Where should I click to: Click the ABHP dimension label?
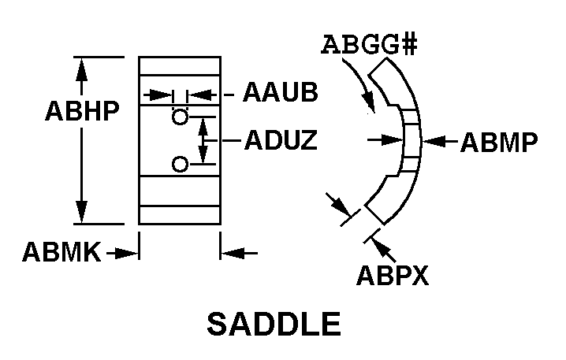[x=82, y=111]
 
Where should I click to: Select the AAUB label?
[x=280, y=93]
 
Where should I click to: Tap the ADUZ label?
[x=281, y=141]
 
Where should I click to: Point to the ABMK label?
[x=61, y=252]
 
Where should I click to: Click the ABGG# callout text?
[x=368, y=44]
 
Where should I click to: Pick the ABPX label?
[x=393, y=275]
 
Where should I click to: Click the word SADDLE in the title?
[x=274, y=324]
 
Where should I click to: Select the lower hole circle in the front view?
[x=181, y=164]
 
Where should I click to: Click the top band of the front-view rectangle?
[x=179, y=66]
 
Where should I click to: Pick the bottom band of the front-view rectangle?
[x=179, y=214]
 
